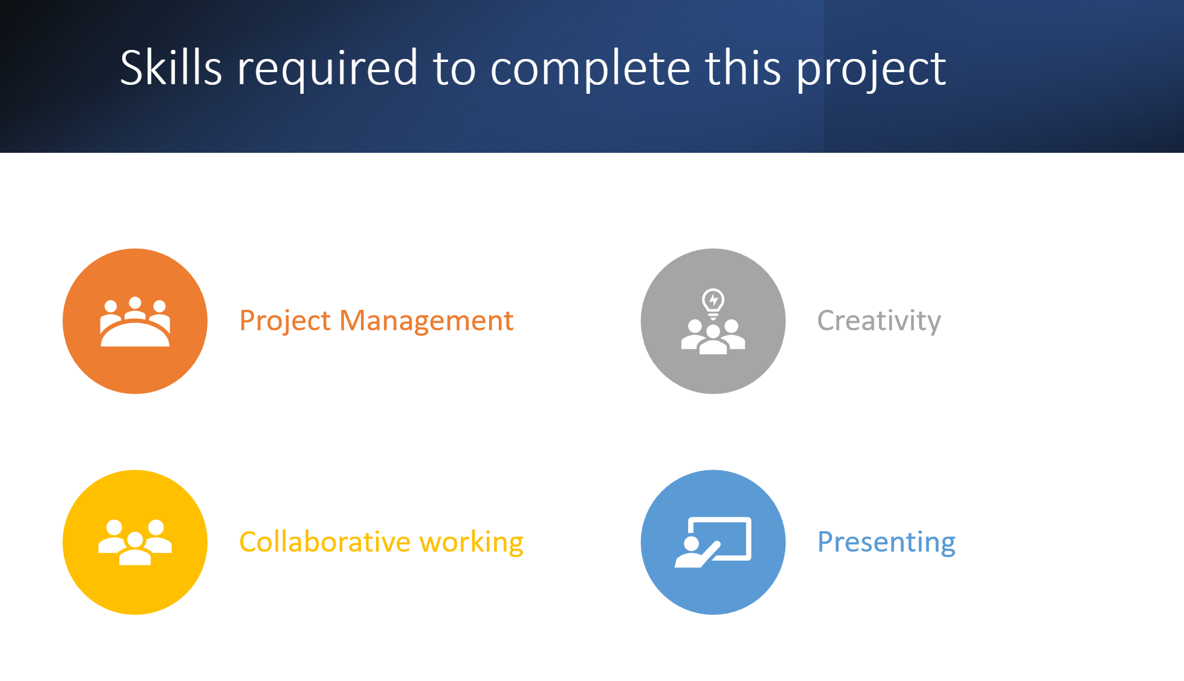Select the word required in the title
pyautogui.click(x=327, y=70)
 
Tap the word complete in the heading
pyautogui.click(x=590, y=70)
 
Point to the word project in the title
pyautogui.click(x=871, y=71)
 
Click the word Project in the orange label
pyautogui.click(x=285, y=321)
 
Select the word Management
pyautogui.click(x=427, y=321)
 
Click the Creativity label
pyautogui.click(x=879, y=321)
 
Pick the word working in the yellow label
pyautogui.click(x=472, y=543)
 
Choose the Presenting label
pyautogui.click(x=886, y=543)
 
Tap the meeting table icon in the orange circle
pyautogui.click(x=135, y=322)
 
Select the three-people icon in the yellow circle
pyautogui.click(x=135, y=542)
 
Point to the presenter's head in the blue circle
pyautogui.click(x=691, y=544)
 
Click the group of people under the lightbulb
pyautogui.click(x=713, y=337)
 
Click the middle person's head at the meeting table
pyautogui.click(x=135, y=303)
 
